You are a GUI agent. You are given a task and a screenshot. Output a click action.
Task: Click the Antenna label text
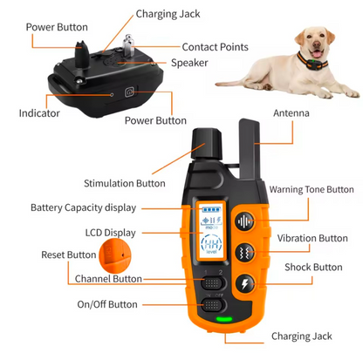pos(291,113)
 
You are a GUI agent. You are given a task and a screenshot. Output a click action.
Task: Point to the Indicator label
pos(39,113)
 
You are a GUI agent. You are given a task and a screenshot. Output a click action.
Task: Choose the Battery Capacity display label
pos(84,207)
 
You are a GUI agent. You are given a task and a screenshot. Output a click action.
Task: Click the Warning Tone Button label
pos(312,189)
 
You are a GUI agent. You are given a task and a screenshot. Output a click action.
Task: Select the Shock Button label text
pos(315,268)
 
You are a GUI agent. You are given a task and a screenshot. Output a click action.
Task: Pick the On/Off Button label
pos(107,304)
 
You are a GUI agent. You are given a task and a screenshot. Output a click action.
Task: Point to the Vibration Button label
pos(312,238)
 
